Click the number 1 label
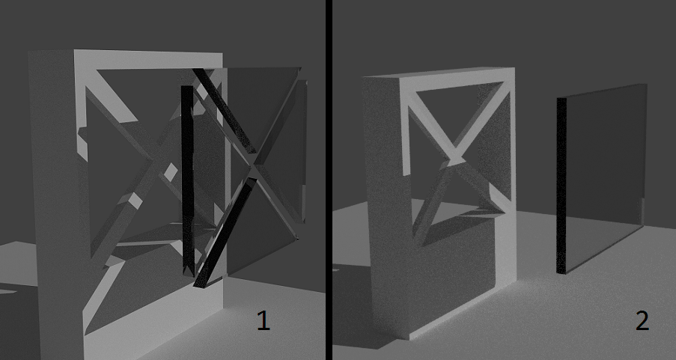click(264, 321)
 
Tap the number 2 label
click(642, 321)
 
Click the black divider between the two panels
click(329, 180)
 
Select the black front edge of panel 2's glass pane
click(561, 186)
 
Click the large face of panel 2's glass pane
click(606, 177)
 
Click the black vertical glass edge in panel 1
click(187, 180)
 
